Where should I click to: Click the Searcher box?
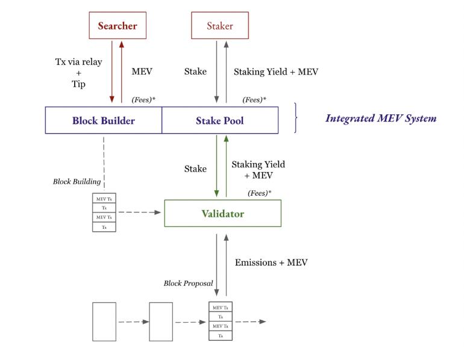[x=118, y=26]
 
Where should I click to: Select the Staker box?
[x=220, y=26]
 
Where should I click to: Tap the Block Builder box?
[x=104, y=120]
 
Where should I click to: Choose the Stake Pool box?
[x=220, y=120]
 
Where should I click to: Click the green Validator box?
[x=222, y=214]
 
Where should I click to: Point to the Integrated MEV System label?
[x=381, y=119]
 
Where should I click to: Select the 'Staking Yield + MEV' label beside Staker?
[x=275, y=72]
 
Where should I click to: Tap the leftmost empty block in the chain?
[x=104, y=321]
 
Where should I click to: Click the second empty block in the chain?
[x=161, y=321]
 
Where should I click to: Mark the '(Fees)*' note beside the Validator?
[x=260, y=193]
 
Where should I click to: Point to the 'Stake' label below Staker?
[x=195, y=72]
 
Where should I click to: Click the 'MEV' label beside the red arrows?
[x=142, y=72]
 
